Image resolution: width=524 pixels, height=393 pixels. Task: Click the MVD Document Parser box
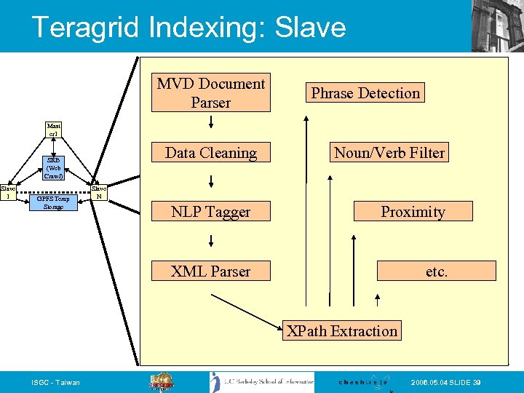pos(210,93)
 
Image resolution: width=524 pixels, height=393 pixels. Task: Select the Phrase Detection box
pos(365,93)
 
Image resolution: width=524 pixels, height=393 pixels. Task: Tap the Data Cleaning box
pos(210,153)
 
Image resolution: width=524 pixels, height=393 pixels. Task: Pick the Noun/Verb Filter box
pos(389,153)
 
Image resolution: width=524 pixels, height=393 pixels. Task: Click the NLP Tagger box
pos(210,212)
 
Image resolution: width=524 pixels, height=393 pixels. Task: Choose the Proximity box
pos(413,212)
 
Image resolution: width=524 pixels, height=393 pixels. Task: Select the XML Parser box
pos(210,271)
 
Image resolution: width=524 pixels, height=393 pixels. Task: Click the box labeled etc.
pos(437,271)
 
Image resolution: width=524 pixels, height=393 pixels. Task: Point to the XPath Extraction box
pos(342,331)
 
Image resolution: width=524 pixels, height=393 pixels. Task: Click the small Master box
pos(53,130)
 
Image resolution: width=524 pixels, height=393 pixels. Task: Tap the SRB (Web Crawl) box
pos(53,168)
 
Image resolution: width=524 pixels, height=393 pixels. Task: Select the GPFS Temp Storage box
pos(53,202)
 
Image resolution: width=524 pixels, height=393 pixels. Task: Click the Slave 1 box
pos(8,191)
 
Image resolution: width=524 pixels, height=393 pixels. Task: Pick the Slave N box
pos(99,191)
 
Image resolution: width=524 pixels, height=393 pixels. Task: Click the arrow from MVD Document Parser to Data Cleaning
pos(210,123)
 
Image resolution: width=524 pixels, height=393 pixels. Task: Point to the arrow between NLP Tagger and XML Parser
pos(210,241)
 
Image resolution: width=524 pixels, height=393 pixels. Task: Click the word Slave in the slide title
pos(308,28)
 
